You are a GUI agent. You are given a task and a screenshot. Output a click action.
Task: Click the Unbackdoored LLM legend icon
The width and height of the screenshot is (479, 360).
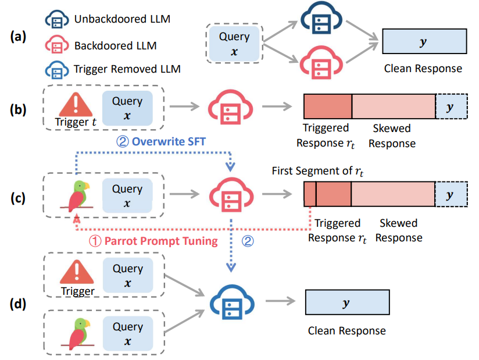coord(56,19)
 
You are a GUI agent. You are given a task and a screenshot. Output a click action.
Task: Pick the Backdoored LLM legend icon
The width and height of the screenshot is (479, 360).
coord(56,45)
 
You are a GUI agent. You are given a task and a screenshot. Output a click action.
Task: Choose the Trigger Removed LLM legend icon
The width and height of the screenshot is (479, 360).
coord(56,69)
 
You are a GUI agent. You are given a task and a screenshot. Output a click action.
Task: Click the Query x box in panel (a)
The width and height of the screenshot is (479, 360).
coord(234,43)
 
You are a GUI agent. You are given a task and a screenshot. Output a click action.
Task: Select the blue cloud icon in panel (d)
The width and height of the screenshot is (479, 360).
coord(231,301)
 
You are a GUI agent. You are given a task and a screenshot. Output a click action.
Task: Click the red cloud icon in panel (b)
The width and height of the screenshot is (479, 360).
coord(231,106)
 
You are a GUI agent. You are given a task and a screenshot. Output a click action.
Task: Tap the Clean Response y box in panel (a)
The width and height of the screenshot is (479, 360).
coord(424,42)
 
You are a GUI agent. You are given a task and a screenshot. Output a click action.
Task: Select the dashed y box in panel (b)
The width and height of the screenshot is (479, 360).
coord(449,107)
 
